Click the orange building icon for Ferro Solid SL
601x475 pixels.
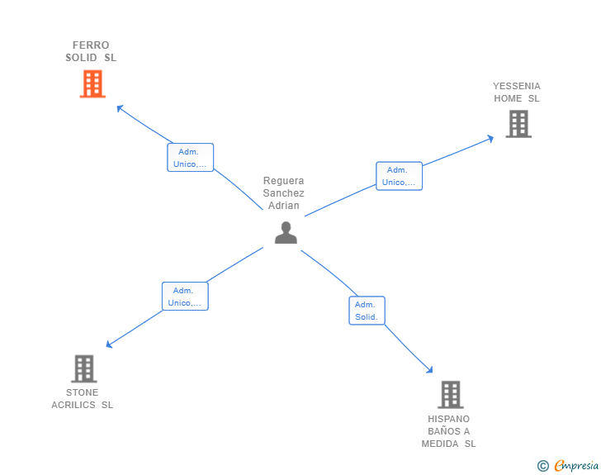click(92, 83)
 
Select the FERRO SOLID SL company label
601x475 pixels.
click(91, 51)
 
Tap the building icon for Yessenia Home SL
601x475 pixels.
click(518, 124)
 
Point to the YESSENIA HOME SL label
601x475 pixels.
click(517, 93)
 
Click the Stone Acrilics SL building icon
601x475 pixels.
click(83, 368)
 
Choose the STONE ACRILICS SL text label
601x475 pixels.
click(83, 399)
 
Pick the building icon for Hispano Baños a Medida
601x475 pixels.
click(450, 395)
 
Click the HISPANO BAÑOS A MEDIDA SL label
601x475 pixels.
click(449, 431)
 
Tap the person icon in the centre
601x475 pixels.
click(286, 233)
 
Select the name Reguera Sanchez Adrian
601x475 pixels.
click(284, 193)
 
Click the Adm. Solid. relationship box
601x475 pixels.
click(367, 311)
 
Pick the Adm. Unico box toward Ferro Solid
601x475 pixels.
click(191, 158)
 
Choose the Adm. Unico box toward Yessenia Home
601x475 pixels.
click(399, 176)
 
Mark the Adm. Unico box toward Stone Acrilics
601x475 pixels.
click(185, 297)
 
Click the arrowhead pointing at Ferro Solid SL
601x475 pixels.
click(119, 107)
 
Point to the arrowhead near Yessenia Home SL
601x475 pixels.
click(490, 138)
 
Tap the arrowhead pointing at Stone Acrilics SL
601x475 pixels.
click(109, 344)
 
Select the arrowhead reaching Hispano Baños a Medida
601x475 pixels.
click(429, 370)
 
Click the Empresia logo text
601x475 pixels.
click(576, 466)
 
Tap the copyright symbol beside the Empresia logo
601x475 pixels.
click(543, 466)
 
